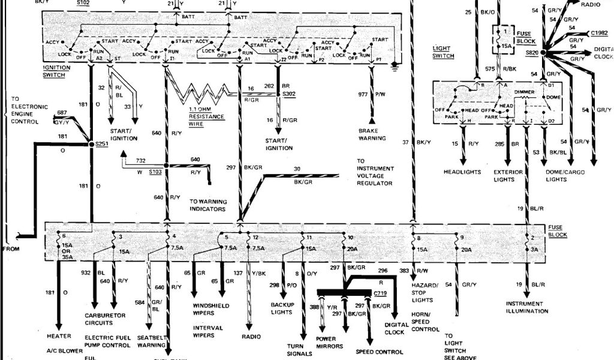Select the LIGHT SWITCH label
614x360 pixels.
coord(444,52)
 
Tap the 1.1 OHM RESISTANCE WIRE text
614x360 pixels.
coord(207,116)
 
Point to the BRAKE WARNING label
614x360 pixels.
coord(372,134)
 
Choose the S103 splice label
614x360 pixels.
coord(155,172)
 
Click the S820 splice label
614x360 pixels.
coord(532,53)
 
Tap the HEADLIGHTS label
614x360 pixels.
coord(462,172)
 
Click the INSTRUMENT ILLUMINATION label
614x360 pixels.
coord(526,307)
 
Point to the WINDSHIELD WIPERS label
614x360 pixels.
coord(210,310)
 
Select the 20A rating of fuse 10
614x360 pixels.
coord(352,249)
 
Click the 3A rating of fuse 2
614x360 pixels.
coord(534,249)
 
